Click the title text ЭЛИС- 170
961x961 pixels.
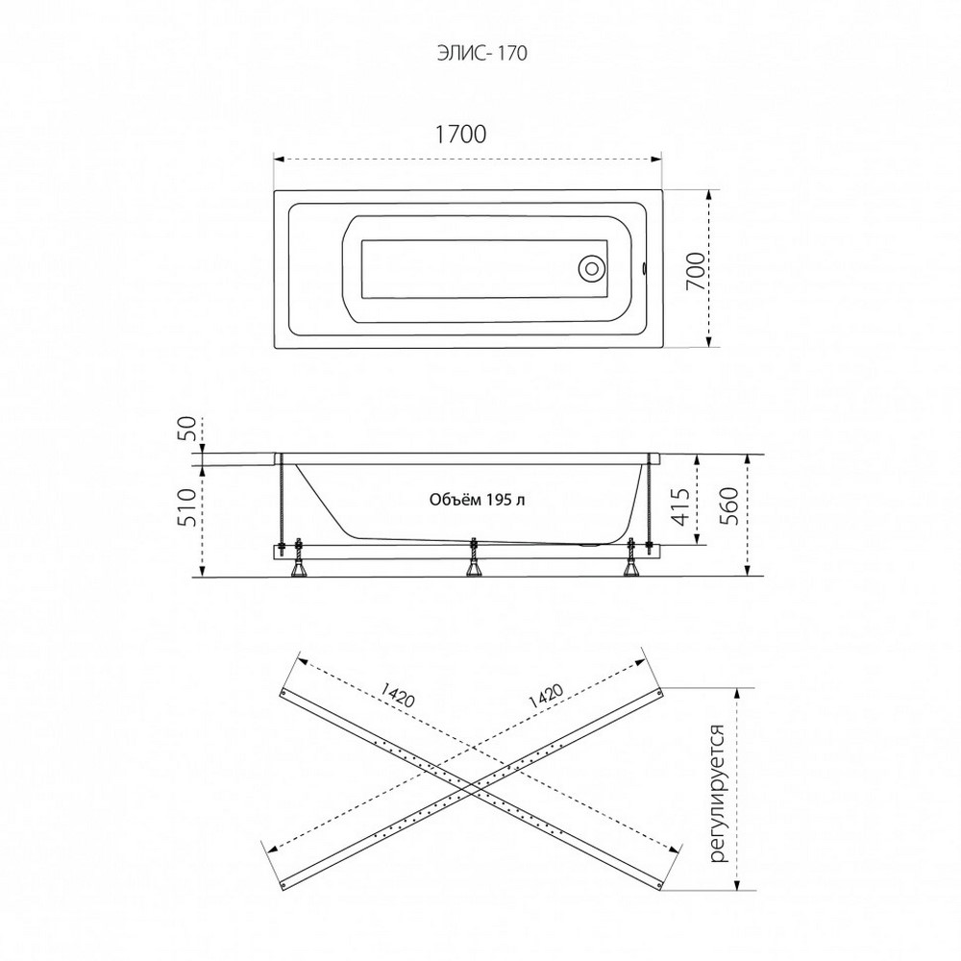(481, 53)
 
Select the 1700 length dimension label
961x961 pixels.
(460, 135)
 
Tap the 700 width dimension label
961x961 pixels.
(695, 271)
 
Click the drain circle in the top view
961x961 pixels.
(592, 268)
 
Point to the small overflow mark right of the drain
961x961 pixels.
(644, 268)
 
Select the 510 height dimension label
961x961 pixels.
(188, 507)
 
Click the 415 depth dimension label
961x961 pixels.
(681, 507)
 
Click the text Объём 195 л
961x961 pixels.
(477, 500)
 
